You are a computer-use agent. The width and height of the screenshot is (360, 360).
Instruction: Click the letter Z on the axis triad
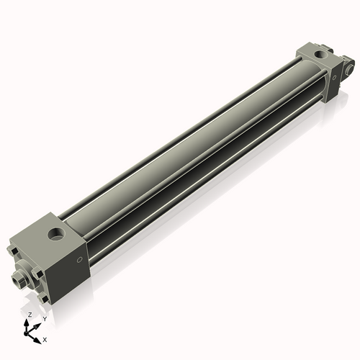(x=30, y=315)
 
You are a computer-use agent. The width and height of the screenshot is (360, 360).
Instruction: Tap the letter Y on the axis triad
(x=45, y=319)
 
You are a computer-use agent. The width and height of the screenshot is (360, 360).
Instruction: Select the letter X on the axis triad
(x=45, y=340)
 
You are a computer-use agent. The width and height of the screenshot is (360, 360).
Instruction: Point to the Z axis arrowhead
(x=27, y=323)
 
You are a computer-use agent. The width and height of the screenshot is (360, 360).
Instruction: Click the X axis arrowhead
(x=37, y=341)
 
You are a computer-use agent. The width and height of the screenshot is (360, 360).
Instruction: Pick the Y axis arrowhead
(x=37, y=326)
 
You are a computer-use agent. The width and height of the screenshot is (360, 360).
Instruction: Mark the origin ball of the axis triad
(x=26, y=333)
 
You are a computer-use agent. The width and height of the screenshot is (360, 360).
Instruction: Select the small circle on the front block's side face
(x=80, y=259)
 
